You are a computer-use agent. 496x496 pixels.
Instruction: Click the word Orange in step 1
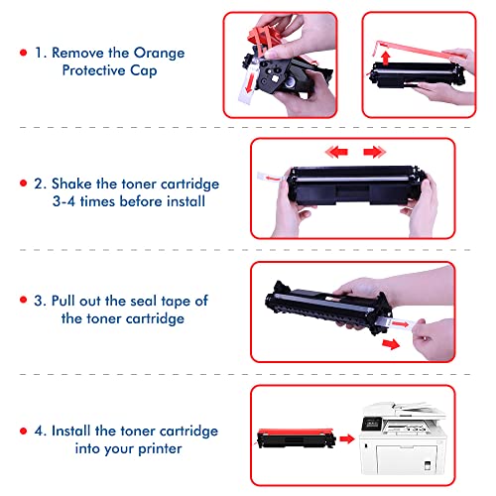tap(159, 54)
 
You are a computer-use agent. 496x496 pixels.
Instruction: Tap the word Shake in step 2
tap(71, 184)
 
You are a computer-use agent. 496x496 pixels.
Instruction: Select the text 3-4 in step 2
tap(63, 201)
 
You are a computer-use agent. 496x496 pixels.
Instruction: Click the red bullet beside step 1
tap(23, 53)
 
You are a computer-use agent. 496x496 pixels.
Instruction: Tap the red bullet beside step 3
tap(23, 300)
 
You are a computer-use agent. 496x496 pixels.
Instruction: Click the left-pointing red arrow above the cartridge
tap(336, 152)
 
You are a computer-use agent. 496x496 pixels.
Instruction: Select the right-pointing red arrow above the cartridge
tap(374, 152)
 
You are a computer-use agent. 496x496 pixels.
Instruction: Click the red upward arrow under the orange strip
tap(385, 58)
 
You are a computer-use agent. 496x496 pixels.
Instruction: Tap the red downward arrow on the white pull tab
tap(250, 83)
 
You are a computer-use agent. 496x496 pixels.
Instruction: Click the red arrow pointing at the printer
tap(347, 439)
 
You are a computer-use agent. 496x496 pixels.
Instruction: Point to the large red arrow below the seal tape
tap(391, 344)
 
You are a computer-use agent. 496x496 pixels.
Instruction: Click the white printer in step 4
tap(403, 438)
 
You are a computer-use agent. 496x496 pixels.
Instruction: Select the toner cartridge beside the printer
tap(297, 438)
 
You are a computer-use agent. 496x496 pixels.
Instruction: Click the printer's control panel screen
tap(371, 423)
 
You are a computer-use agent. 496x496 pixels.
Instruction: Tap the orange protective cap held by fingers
tap(263, 37)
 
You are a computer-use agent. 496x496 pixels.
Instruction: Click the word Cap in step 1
tap(143, 70)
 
